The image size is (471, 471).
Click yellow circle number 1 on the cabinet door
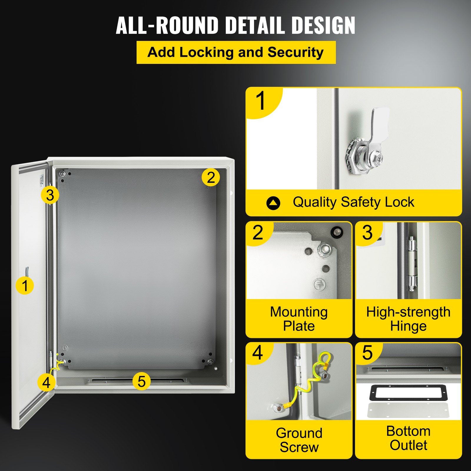pyautogui.click(x=25, y=286)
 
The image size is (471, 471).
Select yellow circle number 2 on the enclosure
pyautogui.click(x=210, y=178)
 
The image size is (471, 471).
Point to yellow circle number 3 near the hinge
pyautogui.click(x=50, y=195)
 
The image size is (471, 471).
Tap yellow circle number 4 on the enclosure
pyautogui.click(x=47, y=383)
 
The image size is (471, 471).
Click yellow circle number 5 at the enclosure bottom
pyautogui.click(x=142, y=382)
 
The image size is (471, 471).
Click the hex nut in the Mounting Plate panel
pyautogui.click(x=324, y=249)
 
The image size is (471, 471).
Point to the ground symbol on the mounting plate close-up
pyautogui.click(x=319, y=284)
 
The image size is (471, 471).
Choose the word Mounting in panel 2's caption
pyautogui.click(x=299, y=312)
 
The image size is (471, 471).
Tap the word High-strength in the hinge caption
pyautogui.click(x=408, y=312)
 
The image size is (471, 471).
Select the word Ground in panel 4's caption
pyautogui.click(x=299, y=433)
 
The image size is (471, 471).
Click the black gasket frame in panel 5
pyautogui.click(x=408, y=393)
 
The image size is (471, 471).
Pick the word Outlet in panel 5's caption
pyautogui.click(x=408, y=445)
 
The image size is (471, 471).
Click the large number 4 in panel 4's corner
pyautogui.click(x=257, y=353)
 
